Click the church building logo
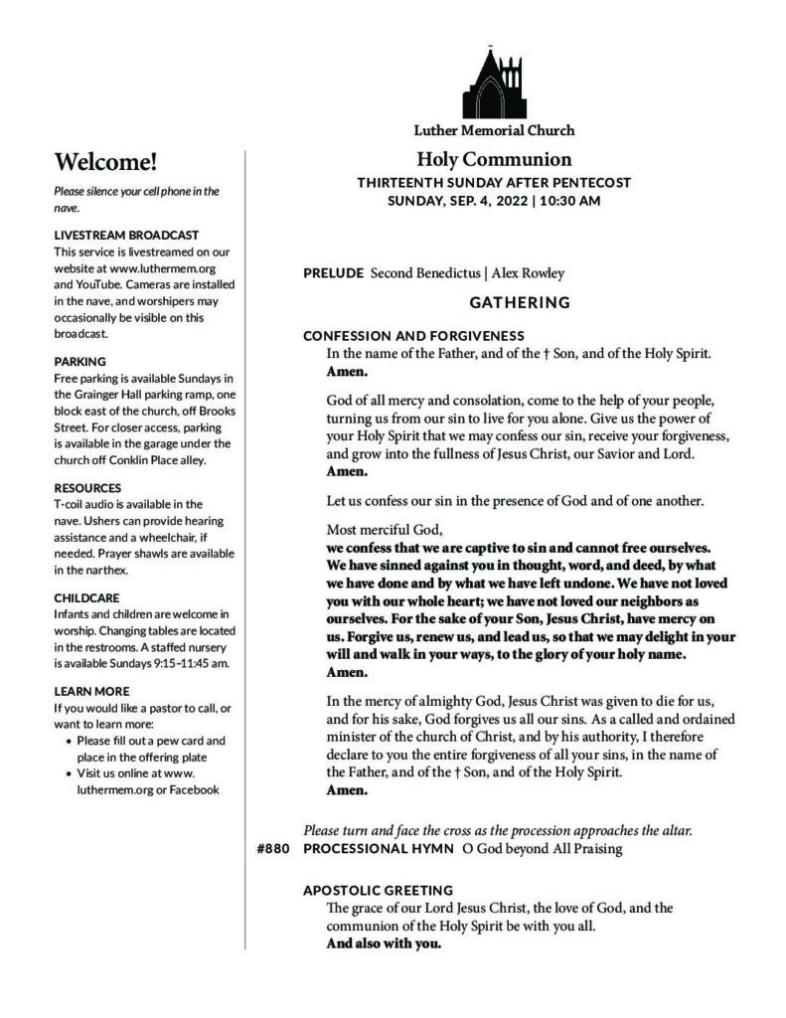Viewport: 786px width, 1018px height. point(493,83)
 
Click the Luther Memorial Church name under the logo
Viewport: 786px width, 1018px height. point(494,130)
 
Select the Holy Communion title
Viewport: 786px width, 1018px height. point(494,159)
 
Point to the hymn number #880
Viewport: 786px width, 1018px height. point(271,848)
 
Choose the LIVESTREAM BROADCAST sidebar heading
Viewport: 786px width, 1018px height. point(126,236)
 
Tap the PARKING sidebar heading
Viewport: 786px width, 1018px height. point(80,362)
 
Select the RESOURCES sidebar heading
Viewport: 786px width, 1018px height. point(87,488)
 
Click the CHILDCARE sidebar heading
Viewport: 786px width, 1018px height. point(87,597)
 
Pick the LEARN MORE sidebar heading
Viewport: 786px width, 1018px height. point(91,691)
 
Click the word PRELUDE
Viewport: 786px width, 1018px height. point(333,273)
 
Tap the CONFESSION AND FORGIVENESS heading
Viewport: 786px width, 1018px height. point(413,336)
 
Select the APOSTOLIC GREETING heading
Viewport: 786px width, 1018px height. point(378,891)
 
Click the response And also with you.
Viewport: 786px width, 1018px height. point(384,943)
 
